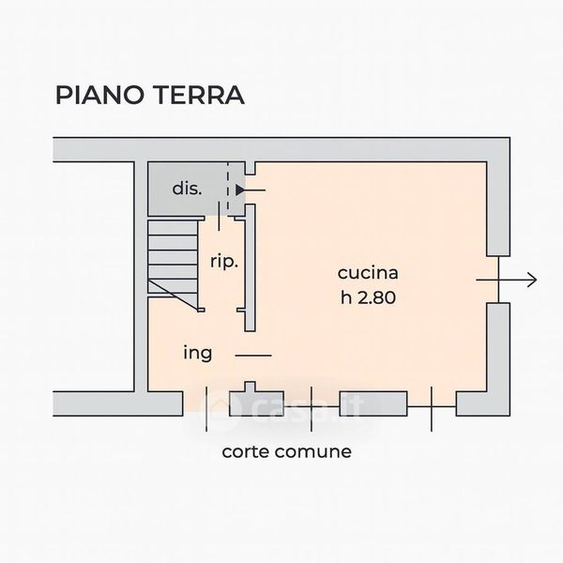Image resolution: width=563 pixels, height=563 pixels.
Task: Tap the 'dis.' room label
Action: (x=186, y=189)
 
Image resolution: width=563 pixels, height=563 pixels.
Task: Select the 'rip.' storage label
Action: (x=224, y=262)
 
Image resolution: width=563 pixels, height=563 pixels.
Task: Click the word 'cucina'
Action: (x=369, y=274)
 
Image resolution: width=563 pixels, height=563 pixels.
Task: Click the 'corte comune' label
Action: (x=286, y=451)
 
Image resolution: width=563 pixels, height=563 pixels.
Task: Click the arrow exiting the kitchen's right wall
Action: (x=507, y=280)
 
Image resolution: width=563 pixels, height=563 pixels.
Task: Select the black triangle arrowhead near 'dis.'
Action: (x=240, y=190)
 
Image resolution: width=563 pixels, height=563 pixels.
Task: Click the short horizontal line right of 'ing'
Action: (x=251, y=355)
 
